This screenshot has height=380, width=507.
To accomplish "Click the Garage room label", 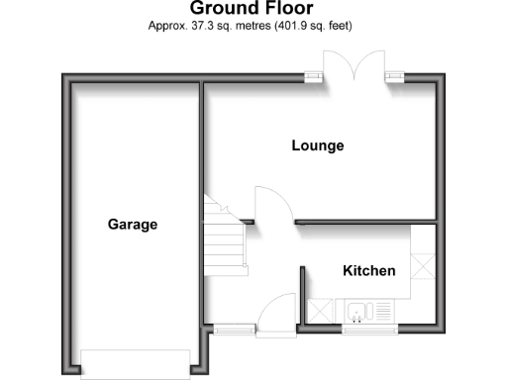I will click(x=133, y=225).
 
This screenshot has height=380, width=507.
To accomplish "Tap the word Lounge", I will click(x=318, y=146).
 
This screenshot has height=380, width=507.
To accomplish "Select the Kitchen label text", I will click(x=369, y=271).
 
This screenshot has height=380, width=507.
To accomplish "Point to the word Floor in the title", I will click(x=287, y=10).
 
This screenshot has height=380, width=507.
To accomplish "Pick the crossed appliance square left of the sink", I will click(x=322, y=311).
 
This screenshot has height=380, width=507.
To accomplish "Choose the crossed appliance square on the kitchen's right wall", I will click(x=425, y=265).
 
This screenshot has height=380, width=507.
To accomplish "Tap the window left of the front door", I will click(x=235, y=328).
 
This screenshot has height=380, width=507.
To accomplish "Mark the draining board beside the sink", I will click(x=381, y=312).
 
